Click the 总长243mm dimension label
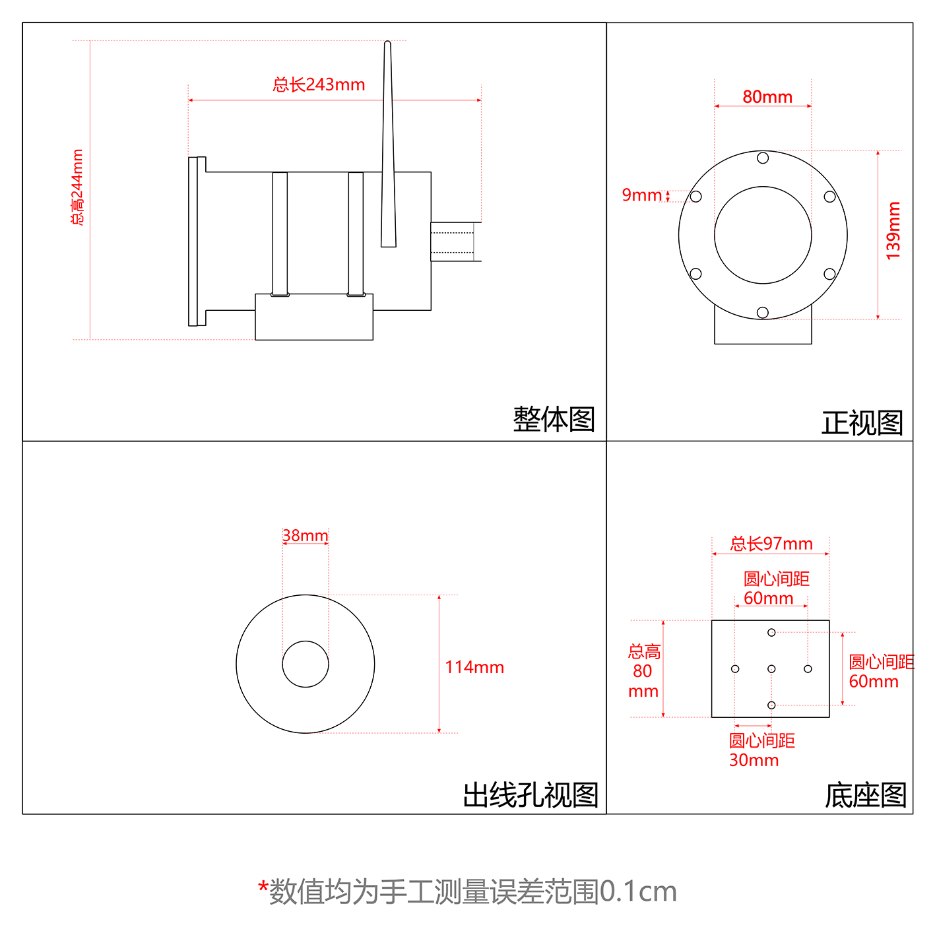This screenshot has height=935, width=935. coord(319,84)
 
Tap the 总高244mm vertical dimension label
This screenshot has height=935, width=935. coord(78,187)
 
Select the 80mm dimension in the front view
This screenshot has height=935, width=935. coord(767,97)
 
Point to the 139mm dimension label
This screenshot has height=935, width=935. coord(893,230)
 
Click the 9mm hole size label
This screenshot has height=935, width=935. coord(641,195)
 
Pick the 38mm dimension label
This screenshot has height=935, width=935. coord(305,535)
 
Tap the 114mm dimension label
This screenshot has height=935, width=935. coord(474,667)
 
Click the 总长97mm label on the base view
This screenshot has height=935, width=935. coord(771,544)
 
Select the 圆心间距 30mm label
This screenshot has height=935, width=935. coord(761,750)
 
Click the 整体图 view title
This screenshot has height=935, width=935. coord(554,420)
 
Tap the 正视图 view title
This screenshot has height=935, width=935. coord(862,423)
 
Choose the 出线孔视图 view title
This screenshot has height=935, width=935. coord(531,795)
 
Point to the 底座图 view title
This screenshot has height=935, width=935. coord(865,795)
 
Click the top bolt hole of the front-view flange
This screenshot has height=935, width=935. coord(763,158)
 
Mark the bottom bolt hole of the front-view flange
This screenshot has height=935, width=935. coord(763,312)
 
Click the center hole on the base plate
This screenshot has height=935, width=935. coord(771,669)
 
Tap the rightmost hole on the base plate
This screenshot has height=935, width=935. coord(808,669)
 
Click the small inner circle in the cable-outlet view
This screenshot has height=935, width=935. coord(306,664)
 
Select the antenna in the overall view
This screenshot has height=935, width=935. coord(388,145)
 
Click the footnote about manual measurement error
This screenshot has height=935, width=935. coord(467,891)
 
